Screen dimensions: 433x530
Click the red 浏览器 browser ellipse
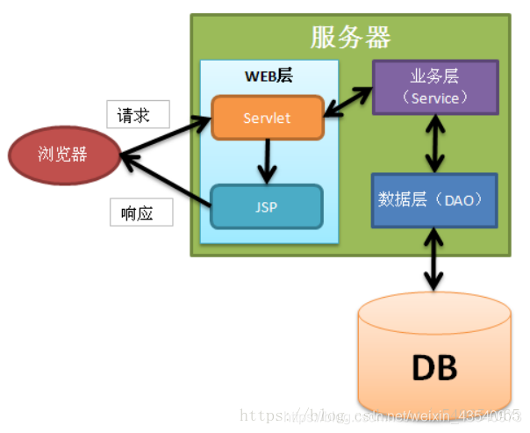click(x=62, y=155)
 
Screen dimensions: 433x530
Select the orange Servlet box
click(x=268, y=117)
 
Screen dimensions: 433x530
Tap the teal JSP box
click(x=268, y=208)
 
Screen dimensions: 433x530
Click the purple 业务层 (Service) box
click(x=435, y=87)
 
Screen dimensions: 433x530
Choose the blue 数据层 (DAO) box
click(x=434, y=200)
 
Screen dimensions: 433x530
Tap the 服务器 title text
click(x=351, y=37)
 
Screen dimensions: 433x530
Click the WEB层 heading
click(x=269, y=76)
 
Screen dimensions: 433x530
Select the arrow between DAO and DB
click(x=433, y=258)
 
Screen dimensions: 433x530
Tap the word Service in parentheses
click(x=435, y=97)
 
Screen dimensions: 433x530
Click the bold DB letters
click(x=433, y=368)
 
